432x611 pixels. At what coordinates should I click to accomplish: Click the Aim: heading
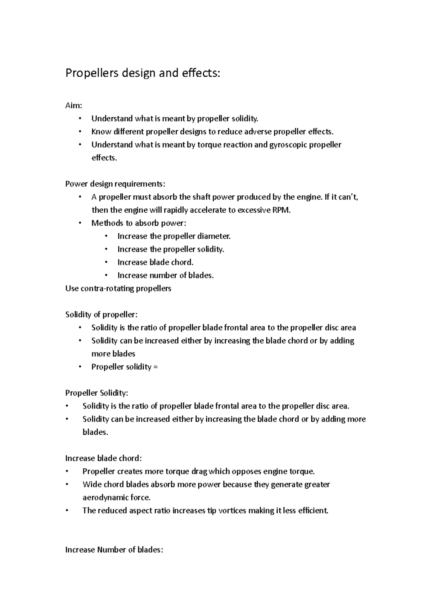tap(73, 106)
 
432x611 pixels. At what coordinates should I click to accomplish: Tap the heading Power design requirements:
tap(115, 184)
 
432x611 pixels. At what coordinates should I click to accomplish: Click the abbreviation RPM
tap(282, 210)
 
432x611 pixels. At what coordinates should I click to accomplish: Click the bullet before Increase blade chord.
tap(106, 262)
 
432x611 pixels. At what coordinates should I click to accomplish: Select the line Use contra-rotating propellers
tap(118, 289)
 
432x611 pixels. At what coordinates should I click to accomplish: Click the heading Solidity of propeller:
tap(101, 314)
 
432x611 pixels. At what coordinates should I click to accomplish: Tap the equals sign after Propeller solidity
tap(156, 367)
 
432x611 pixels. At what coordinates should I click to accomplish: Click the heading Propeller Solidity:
tap(96, 393)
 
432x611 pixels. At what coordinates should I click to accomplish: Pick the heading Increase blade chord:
tap(103, 458)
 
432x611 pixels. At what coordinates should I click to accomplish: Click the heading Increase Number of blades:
tap(114, 550)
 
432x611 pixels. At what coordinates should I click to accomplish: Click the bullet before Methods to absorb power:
tap(80, 223)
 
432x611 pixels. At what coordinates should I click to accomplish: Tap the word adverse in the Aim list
tap(258, 132)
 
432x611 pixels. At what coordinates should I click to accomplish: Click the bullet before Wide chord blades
tap(67, 485)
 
